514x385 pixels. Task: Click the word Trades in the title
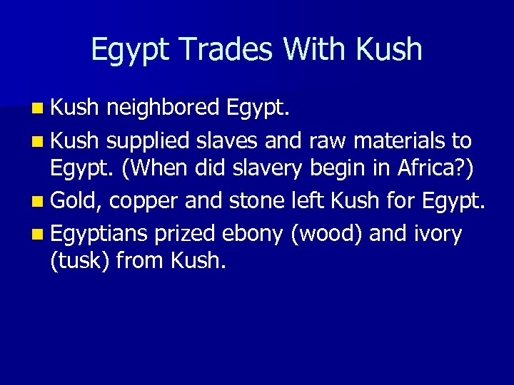click(x=224, y=49)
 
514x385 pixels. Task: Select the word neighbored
click(x=163, y=108)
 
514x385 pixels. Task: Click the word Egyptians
click(x=99, y=232)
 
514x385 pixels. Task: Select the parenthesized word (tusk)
click(x=79, y=262)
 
